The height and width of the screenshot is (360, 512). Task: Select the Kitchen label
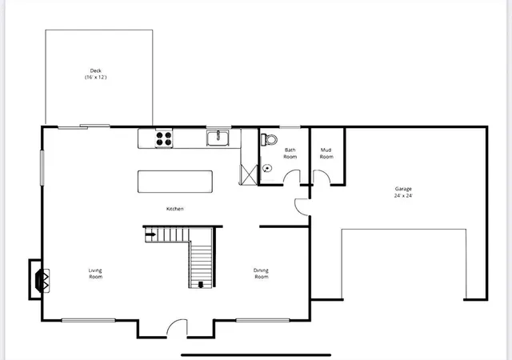tap(175, 209)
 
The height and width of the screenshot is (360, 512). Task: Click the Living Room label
tap(95, 274)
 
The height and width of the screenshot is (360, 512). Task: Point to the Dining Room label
tap(262, 274)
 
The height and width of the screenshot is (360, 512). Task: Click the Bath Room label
tap(290, 153)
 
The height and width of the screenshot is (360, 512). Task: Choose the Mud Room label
tap(326, 153)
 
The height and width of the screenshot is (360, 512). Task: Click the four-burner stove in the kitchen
tap(163, 138)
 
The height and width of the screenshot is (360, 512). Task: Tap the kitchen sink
tap(218, 138)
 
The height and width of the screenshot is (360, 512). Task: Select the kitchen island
tap(175, 182)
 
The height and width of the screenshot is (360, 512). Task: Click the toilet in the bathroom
tap(269, 139)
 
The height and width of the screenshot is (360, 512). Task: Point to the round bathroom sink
tap(266, 168)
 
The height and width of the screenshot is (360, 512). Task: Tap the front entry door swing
tap(176, 328)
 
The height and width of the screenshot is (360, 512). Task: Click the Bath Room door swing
tap(302, 206)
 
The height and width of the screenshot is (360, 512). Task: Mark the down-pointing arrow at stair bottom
tap(201, 282)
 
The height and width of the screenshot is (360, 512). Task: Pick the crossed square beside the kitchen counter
tap(249, 173)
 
